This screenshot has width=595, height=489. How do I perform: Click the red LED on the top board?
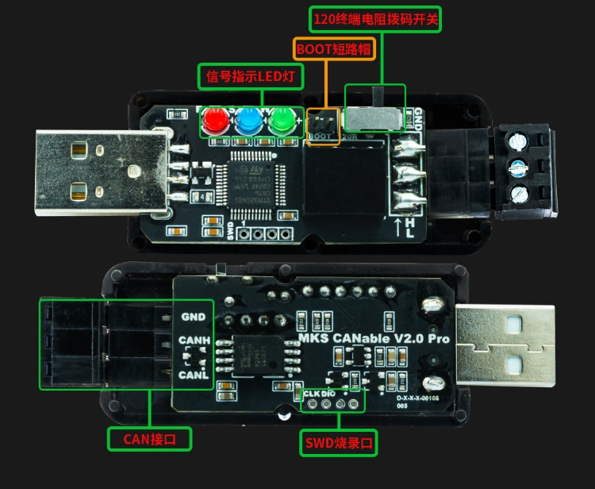(x=213, y=121)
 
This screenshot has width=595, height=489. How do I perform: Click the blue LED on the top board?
(x=247, y=121)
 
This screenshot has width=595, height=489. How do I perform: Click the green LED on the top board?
(x=281, y=121)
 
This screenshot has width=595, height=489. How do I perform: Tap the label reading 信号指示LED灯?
(x=251, y=76)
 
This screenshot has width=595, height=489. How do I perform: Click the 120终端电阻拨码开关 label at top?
(x=374, y=18)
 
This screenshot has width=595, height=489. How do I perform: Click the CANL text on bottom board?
(x=194, y=374)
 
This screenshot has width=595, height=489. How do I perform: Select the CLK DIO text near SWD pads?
(x=320, y=394)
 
